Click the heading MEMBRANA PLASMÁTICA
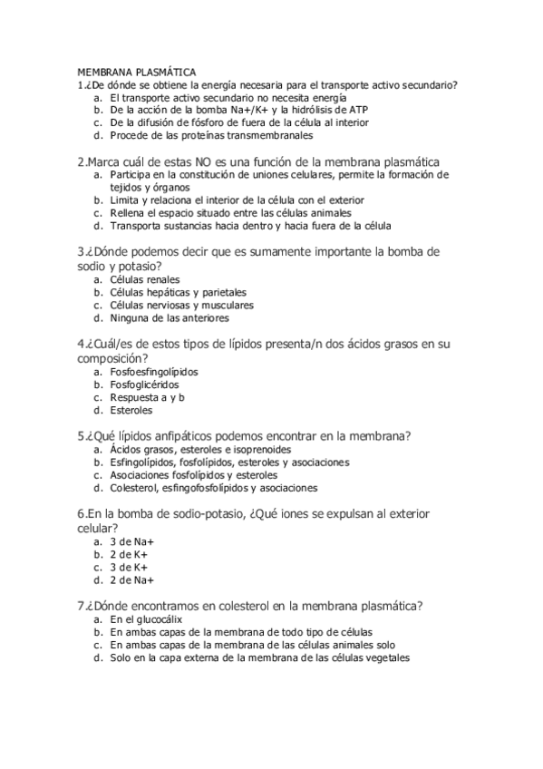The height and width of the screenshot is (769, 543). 135,72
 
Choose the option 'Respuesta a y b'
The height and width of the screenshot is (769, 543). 147,396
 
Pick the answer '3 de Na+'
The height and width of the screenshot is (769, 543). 131,542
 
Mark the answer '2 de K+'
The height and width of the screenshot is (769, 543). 130,555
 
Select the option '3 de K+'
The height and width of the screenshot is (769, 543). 130,568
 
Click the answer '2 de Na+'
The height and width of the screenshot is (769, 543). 131,580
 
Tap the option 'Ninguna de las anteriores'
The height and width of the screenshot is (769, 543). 170,318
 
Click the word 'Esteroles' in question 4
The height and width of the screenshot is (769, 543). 131,409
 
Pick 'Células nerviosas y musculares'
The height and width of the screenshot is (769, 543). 181,306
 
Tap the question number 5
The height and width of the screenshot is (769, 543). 82,435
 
